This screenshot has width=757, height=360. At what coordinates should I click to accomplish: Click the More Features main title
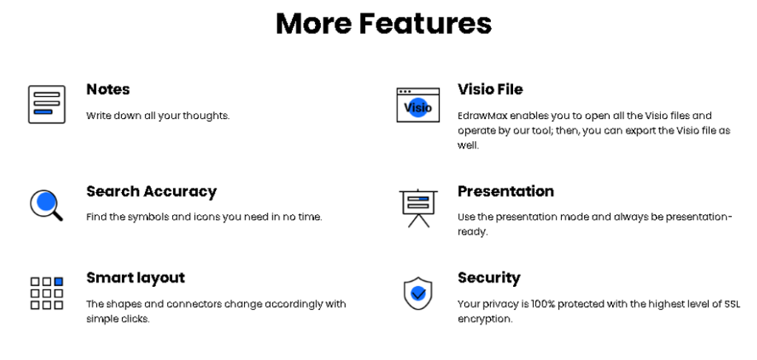click(x=384, y=24)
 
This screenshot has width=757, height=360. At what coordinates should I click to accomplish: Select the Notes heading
click(x=108, y=89)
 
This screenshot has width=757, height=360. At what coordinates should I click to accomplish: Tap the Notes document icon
click(x=47, y=104)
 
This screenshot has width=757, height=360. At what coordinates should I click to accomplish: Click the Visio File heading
click(x=490, y=89)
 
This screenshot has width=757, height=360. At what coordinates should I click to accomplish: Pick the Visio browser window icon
click(x=418, y=105)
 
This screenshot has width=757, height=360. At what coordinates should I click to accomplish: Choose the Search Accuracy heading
click(x=152, y=191)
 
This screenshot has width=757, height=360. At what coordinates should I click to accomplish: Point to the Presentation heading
click(x=506, y=191)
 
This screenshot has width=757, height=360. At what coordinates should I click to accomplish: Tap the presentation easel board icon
click(x=418, y=208)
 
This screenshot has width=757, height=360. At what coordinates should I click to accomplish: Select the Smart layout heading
click(x=136, y=278)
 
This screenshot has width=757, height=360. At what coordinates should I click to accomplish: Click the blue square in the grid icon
click(x=58, y=282)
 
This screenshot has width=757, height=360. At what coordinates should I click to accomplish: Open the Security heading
click(x=489, y=278)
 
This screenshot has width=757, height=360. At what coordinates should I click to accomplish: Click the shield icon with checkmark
click(x=418, y=293)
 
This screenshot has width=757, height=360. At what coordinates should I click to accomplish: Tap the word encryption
click(x=483, y=319)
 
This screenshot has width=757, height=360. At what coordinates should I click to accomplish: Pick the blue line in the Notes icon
click(x=43, y=112)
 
